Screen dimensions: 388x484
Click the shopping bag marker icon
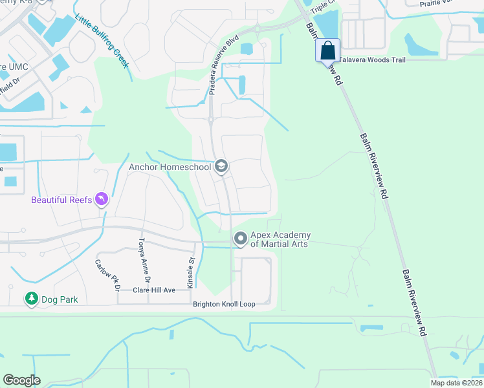point(328,50)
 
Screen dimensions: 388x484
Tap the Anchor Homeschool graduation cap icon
point(221,167)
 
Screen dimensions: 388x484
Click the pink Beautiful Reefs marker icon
point(101,199)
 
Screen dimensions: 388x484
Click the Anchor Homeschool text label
point(170,167)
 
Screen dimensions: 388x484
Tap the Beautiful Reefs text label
point(61,200)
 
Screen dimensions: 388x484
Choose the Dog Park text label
point(60,299)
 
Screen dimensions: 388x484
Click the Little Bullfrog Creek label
point(102,41)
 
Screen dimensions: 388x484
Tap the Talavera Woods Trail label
point(373,59)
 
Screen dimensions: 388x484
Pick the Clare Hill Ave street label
point(154,290)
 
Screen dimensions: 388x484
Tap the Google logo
point(21,380)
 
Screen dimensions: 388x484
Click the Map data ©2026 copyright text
point(456,383)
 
